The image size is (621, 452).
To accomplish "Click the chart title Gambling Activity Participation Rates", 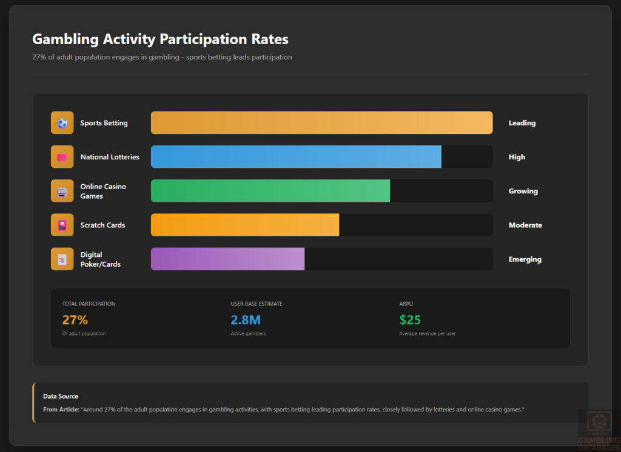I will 160,39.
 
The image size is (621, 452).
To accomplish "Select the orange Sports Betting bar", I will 321,123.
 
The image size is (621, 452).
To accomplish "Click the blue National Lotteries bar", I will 296,157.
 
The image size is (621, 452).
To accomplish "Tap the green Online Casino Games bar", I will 270,191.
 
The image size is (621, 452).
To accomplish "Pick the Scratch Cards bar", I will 245,225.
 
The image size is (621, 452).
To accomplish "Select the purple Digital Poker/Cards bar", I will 227,259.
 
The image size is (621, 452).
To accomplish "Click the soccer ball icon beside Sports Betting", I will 62,123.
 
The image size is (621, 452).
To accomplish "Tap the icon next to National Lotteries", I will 62,157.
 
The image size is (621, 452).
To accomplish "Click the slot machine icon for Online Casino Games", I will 62,191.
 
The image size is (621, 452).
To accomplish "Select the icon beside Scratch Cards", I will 62,225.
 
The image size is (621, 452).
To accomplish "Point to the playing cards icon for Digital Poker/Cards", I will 62,259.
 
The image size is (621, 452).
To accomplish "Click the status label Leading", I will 522,123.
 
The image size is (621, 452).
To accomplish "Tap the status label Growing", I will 523,191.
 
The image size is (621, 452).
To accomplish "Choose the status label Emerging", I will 525,259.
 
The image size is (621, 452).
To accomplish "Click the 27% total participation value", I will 75,320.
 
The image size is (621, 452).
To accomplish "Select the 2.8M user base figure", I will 246,320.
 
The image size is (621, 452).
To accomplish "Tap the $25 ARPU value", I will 410,320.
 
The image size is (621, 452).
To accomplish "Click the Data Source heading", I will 61,396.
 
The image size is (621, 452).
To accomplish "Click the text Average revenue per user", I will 427,334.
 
